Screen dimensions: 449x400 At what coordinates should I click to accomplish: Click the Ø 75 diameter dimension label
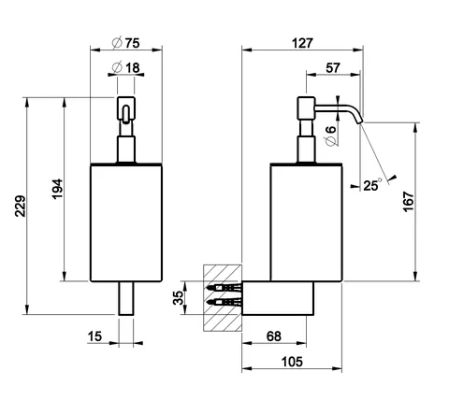click(125, 43)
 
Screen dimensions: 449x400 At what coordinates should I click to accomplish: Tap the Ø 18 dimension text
click(125, 67)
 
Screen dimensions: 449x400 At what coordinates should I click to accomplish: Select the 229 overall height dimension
click(21, 206)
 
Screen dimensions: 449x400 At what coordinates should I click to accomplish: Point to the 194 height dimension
click(57, 189)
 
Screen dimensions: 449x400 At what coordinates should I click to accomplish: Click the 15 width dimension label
click(94, 336)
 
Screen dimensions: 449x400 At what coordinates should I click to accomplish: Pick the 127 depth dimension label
click(302, 43)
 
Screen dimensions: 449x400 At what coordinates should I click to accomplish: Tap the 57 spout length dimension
click(333, 67)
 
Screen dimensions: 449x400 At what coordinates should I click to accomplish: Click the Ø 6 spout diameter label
click(330, 136)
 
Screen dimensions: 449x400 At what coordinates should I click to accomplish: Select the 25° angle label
click(372, 185)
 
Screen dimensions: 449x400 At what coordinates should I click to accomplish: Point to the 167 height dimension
click(409, 203)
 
